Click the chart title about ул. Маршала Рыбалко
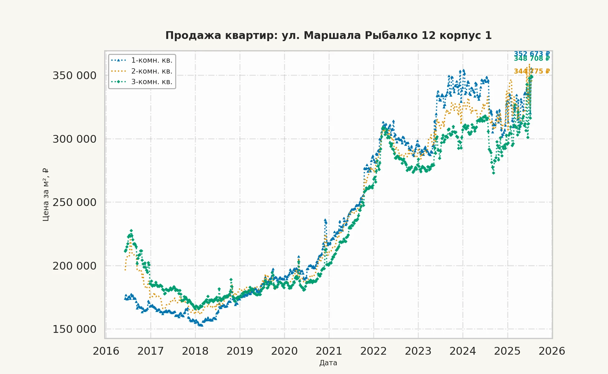pyautogui.click(x=328, y=36)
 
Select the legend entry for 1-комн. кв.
pyautogui.click(x=152, y=60)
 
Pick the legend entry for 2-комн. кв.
pyautogui.click(x=152, y=71)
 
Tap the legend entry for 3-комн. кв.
pyautogui.click(x=152, y=82)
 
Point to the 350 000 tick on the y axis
pyautogui.click(x=75, y=75)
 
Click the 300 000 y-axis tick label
pyautogui.click(x=75, y=139)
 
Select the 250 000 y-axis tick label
pyautogui.click(x=75, y=202)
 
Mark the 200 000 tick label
pyautogui.click(x=75, y=266)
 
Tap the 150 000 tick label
pyautogui.click(x=75, y=329)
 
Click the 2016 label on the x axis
pyautogui.click(x=106, y=351)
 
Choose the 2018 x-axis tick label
pyautogui.click(x=195, y=351)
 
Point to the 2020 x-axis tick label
pyautogui.click(x=284, y=351)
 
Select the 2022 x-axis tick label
pyautogui.click(x=374, y=351)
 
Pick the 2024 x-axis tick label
pyautogui.click(x=463, y=351)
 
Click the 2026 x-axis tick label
pyautogui.click(x=552, y=351)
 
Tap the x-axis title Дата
pyautogui.click(x=328, y=363)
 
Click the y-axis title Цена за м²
pyautogui.click(x=46, y=195)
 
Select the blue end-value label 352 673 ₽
pyautogui.click(x=532, y=53)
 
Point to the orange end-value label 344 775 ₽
pyautogui.click(x=532, y=71)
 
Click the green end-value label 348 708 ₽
pyautogui.click(x=532, y=59)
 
